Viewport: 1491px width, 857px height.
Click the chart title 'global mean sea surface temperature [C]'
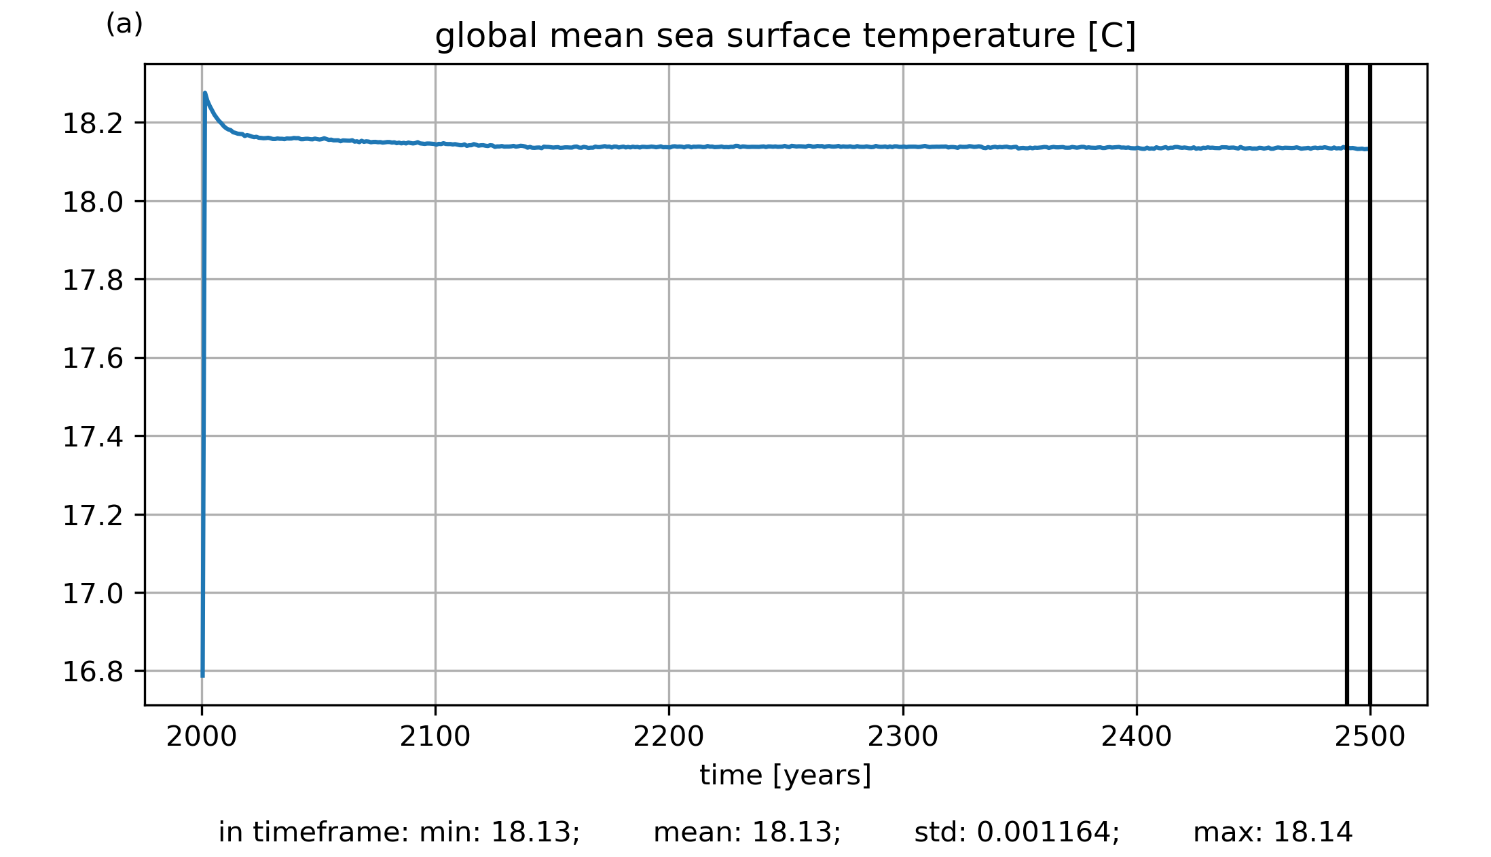pyautogui.click(x=785, y=36)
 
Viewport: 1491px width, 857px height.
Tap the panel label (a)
pyautogui.click(x=124, y=24)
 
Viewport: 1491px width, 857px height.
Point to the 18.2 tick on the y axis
pyautogui.click(x=93, y=123)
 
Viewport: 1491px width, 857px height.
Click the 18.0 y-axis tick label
pyautogui.click(x=93, y=202)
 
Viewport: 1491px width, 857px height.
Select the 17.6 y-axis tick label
pyautogui.click(x=93, y=358)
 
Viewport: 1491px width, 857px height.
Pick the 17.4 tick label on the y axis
pyautogui.click(x=93, y=437)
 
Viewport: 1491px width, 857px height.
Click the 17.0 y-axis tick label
pyautogui.click(x=93, y=594)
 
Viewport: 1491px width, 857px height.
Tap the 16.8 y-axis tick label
pyautogui.click(x=93, y=672)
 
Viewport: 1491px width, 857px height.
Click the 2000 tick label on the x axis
pyautogui.click(x=202, y=737)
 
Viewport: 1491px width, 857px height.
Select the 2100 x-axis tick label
pyautogui.click(x=435, y=737)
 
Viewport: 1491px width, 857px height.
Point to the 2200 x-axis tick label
pyautogui.click(x=669, y=737)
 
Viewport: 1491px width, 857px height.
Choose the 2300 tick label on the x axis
pyautogui.click(x=903, y=737)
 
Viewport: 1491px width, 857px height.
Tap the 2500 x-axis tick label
pyautogui.click(x=1370, y=737)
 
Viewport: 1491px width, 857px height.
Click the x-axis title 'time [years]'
pyautogui.click(x=785, y=775)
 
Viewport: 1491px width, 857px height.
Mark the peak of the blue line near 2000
pyautogui.click(x=205, y=93)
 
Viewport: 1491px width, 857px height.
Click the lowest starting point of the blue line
pyautogui.click(x=202, y=676)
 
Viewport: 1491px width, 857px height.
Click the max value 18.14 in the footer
pyautogui.click(x=1312, y=833)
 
